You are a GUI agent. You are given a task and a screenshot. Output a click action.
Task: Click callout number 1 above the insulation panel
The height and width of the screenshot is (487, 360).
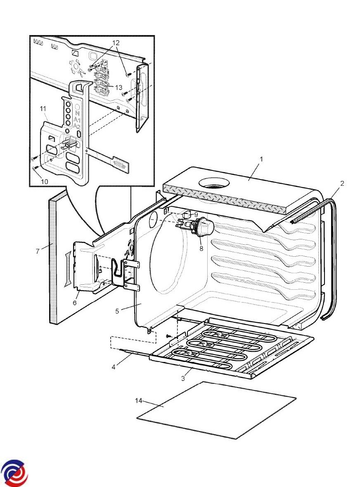pos(261,159)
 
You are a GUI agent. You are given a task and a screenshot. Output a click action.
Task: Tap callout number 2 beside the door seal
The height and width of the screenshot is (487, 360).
pos(342,183)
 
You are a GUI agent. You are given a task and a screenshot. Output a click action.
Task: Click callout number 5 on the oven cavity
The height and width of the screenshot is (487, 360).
pos(117,311)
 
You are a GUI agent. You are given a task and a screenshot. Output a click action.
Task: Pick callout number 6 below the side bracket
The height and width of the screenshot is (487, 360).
pos(75,303)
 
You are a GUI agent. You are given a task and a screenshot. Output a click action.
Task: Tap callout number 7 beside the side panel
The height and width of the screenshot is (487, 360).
pos(37,251)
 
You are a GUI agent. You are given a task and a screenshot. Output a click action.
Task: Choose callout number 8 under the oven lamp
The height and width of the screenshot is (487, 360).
pos(201,249)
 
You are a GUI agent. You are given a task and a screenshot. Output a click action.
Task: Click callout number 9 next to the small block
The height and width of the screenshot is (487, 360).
pos(196,214)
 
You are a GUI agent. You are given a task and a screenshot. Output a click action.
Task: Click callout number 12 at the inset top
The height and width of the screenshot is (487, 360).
pos(116,43)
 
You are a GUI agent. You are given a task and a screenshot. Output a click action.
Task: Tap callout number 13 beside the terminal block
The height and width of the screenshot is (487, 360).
pos(119,87)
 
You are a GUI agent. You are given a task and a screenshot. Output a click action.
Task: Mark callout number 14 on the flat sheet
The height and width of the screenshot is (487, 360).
pos(140,400)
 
